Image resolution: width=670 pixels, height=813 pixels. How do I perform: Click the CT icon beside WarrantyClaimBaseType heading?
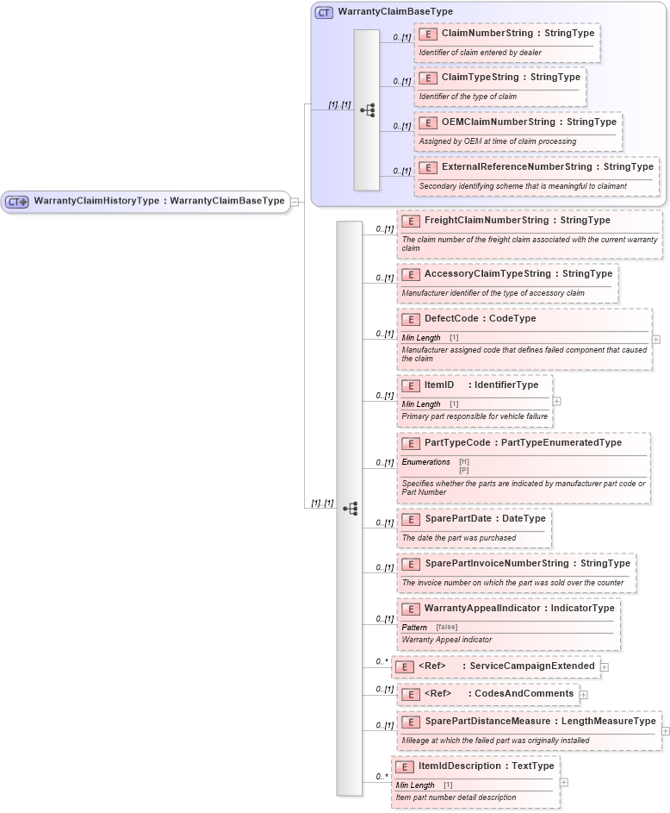[324, 12]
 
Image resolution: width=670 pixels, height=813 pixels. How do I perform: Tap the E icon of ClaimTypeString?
[427, 78]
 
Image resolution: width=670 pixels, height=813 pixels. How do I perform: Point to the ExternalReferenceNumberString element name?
[517, 166]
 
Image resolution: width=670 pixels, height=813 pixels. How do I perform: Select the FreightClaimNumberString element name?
[486, 220]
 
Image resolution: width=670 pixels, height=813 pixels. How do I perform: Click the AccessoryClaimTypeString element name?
[487, 273]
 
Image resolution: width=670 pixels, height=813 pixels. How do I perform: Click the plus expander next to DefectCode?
[656, 339]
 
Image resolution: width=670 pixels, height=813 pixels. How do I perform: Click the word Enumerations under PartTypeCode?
[425, 462]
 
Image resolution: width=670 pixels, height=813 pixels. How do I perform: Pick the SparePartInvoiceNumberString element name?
[496, 563]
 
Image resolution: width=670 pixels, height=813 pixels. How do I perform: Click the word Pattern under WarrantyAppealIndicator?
[414, 627]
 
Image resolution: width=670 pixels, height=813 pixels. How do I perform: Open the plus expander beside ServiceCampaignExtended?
[605, 666]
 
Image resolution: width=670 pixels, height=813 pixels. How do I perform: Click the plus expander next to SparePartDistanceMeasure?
[666, 730]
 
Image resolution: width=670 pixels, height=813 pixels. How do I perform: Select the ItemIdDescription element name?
[459, 766]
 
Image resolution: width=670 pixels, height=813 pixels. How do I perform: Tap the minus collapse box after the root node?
[295, 201]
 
